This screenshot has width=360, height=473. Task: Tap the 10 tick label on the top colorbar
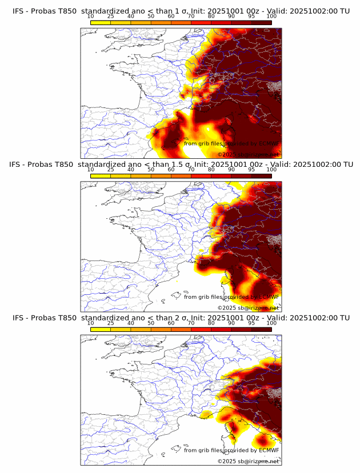tap(91, 17)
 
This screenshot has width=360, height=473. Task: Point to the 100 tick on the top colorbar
tap(271, 17)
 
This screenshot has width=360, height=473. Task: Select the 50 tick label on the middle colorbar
tap(151, 170)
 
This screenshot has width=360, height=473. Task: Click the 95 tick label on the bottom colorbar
tap(251, 323)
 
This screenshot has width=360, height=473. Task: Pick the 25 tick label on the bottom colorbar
tap(111, 323)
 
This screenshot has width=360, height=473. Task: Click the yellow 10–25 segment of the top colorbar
tap(101, 22)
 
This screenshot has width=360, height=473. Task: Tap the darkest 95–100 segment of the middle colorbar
tap(262, 176)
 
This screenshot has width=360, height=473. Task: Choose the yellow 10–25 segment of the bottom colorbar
tap(101, 329)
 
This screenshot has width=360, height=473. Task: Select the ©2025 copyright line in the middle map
tap(249, 307)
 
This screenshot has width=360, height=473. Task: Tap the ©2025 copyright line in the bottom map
tap(249, 461)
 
